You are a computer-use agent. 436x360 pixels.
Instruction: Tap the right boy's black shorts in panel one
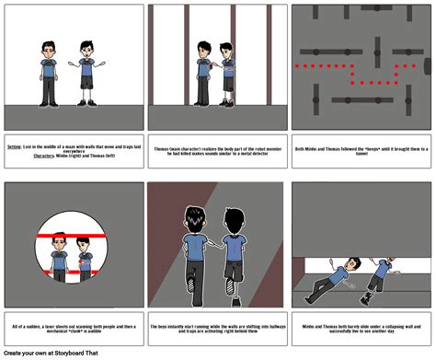(86, 83)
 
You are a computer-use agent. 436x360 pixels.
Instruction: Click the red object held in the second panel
(213, 64)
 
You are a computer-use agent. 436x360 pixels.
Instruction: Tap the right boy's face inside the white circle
(82, 244)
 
